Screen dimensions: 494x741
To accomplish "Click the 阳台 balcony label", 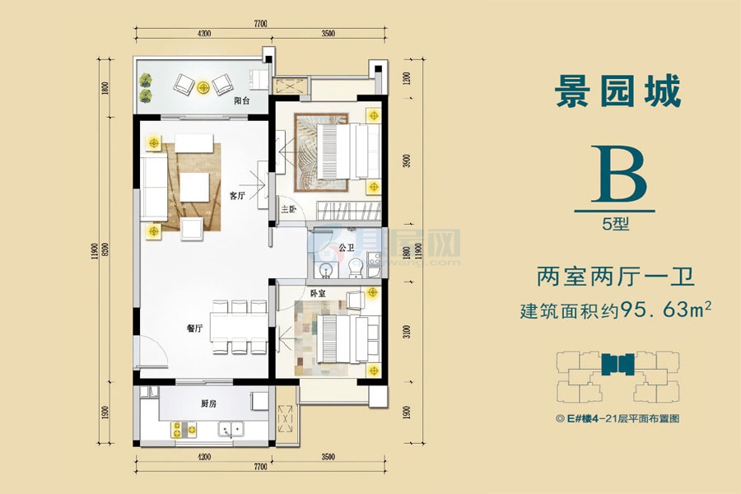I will (x=242, y=101).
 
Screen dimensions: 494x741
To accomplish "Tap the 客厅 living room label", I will (x=237, y=195).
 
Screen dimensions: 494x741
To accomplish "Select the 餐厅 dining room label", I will (x=194, y=327).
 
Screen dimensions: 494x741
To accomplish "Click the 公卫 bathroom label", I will (x=347, y=246).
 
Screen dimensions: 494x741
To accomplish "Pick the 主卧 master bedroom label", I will (x=288, y=209).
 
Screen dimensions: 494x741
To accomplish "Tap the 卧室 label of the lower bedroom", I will (x=318, y=293).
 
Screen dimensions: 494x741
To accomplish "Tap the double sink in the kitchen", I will (x=230, y=428).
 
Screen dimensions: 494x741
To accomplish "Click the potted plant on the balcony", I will (x=147, y=86).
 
